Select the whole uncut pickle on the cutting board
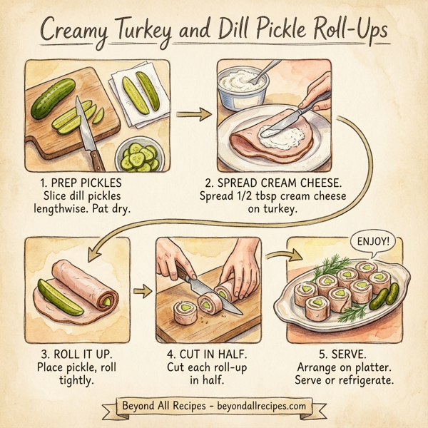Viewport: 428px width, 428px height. click(53, 98)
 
